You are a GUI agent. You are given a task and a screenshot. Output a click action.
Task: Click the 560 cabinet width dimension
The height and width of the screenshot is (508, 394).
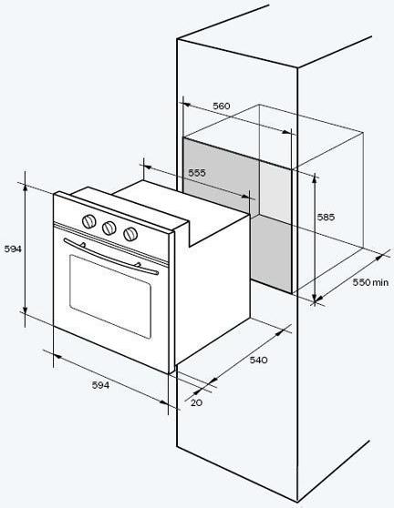[222, 106]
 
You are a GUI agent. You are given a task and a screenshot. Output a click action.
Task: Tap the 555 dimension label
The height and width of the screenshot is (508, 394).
[197, 173]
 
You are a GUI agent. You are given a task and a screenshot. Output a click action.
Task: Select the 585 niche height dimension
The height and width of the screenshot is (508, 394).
[326, 217]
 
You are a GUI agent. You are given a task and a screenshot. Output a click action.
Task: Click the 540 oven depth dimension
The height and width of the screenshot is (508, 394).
[258, 360]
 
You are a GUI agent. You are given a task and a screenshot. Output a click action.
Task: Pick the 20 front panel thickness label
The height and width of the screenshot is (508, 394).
[196, 402]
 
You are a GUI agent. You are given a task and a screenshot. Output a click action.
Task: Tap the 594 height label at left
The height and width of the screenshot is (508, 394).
[13, 249]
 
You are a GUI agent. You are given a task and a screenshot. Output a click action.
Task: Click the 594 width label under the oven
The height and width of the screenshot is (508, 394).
[100, 385]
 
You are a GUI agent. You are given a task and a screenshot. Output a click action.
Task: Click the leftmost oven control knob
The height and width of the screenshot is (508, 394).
[89, 221]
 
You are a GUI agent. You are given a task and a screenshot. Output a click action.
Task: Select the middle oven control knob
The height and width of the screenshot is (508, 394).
[109, 229]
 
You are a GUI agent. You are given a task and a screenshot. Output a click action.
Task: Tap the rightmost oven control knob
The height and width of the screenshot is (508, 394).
[130, 234]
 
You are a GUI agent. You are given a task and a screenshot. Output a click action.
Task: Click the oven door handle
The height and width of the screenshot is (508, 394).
[110, 257]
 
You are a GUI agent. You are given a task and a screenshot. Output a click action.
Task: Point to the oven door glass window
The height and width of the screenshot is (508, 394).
[110, 297]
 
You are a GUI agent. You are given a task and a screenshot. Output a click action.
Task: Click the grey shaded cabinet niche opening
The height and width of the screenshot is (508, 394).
[237, 214]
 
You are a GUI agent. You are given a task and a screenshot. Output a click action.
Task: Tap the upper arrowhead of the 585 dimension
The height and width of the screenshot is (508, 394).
[314, 178]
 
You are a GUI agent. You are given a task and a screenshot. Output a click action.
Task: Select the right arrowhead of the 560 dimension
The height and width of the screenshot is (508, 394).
[286, 132]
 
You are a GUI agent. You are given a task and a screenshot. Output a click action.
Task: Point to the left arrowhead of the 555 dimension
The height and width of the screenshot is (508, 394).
[148, 168]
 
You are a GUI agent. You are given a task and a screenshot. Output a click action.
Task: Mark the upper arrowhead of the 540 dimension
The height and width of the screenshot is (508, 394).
[280, 332]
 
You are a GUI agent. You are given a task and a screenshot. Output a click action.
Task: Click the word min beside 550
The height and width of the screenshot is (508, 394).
[380, 283]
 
